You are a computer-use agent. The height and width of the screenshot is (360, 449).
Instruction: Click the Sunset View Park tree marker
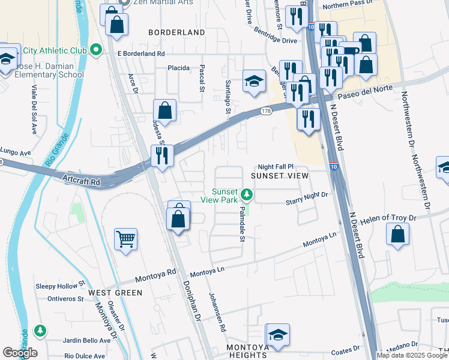(x=246, y=194)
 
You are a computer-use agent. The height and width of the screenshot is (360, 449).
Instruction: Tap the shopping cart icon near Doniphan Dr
(x=126, y=239)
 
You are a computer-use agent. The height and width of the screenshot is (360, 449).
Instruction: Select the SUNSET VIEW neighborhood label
(x=279, y=176)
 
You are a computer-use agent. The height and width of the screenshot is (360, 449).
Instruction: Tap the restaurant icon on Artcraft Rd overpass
(x=161, y=155)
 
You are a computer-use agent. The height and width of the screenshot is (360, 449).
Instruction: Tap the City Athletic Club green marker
(x=97, y=49)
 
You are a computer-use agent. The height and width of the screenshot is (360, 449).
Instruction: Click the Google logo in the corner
(x=20, y=353)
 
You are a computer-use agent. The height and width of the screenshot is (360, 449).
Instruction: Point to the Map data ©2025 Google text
(x=411, y=355)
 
